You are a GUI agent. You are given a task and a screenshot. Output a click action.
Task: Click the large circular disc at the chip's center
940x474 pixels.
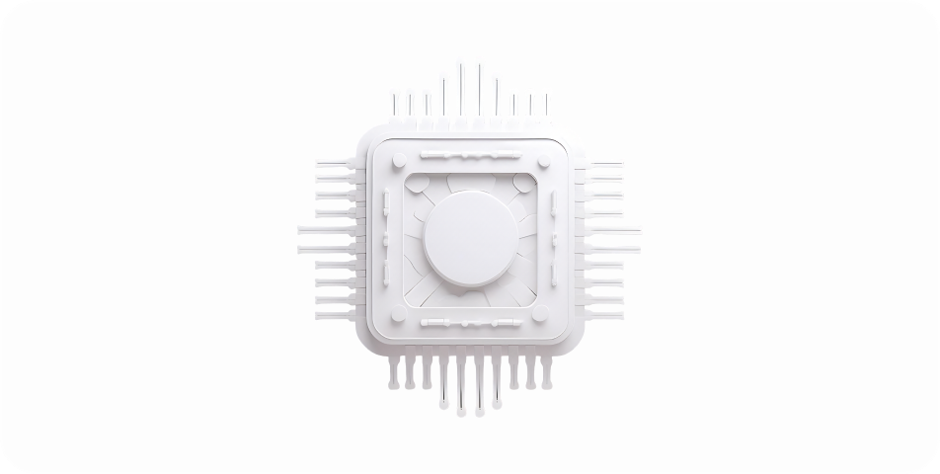pyautogui.click(x=470, y=237)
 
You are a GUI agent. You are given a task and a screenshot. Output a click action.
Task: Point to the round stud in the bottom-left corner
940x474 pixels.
pyautogui.click(x=398, y=316)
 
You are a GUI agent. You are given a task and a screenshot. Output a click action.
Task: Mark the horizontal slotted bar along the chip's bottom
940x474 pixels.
pyautogui.click(x=469, y=323)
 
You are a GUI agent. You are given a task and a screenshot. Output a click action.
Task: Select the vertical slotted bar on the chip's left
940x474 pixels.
pyautogui.click(x=388, y=237)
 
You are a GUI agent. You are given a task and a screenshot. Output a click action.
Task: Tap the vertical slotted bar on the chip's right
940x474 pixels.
pyautogui.click(x=552, y=237)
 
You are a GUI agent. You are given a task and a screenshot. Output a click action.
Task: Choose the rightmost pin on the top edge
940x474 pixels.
pyautogui.click(x=546, y=105)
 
